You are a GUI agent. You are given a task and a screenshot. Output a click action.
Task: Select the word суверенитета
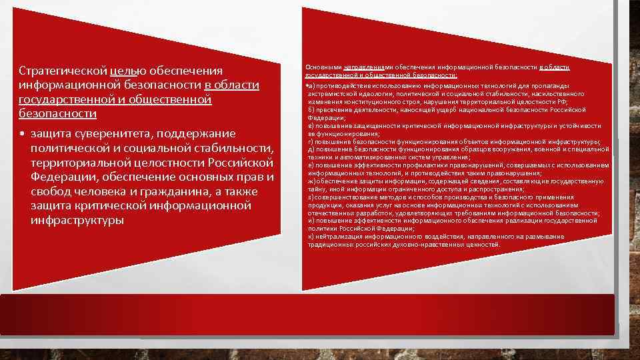103,134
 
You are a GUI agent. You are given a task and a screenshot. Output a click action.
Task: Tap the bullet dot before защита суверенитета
22,134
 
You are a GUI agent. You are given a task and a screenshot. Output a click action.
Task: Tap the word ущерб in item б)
452,109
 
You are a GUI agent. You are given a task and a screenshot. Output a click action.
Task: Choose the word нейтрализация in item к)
339,236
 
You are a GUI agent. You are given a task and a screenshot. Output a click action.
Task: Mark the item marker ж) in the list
311,181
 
